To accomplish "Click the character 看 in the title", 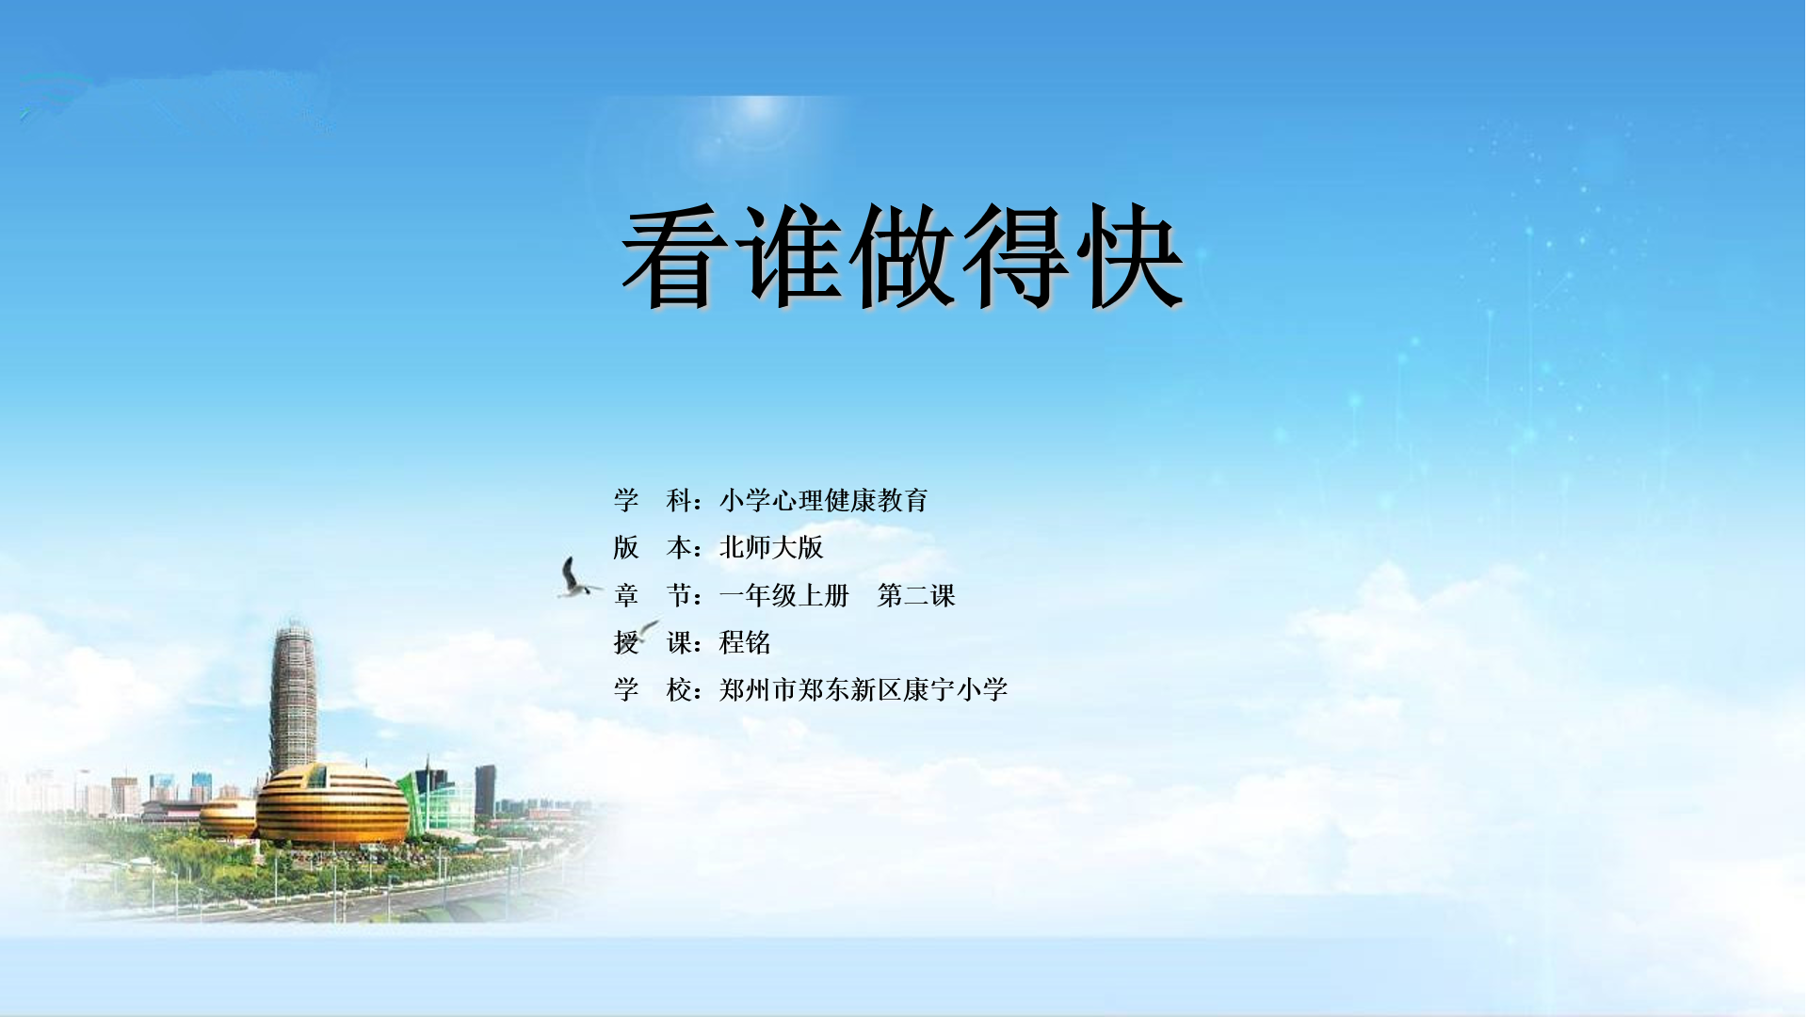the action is click(x=676, y=255).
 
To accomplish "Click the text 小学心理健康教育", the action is click(x=824, y=500).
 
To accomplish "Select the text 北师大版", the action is click(x=771, y=547).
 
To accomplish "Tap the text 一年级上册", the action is click(x=784, y=595).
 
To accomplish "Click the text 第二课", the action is click(x=916, y=595).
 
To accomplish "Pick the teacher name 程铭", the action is click(x=745, y=642).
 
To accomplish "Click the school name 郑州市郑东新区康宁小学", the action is click(x=864, y=690).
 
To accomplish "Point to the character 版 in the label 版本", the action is click(x=626, y=547).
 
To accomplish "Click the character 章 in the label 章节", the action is click(x=626, y=595).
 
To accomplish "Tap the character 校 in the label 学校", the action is click(x=680, y=690).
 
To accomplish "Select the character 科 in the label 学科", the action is click(x=680, y=500).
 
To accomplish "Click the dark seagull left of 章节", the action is click(x=576, y=578).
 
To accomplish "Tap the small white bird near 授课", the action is click(x=648, y=628).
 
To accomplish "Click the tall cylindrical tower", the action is click(x=293, y=697).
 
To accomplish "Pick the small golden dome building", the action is click(x=228, y=817).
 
